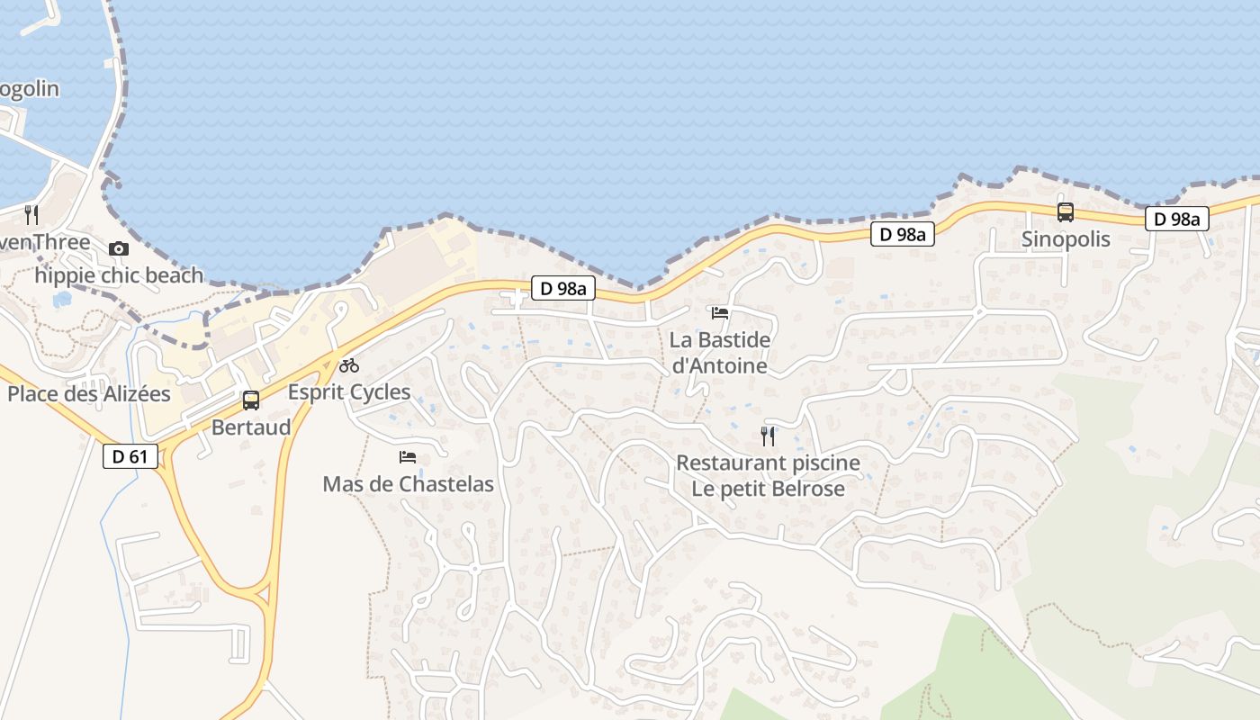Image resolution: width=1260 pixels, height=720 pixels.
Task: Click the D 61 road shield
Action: pos(130,456)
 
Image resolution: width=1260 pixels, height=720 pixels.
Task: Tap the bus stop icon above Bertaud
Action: pos(251,400)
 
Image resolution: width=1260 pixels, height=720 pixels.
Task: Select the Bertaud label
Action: pos(251,427)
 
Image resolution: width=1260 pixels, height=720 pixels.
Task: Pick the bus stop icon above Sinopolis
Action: pos(1066,212)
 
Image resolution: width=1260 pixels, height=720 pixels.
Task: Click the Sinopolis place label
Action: pos(1066,239)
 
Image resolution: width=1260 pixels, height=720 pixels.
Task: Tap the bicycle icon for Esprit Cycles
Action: pos(349,365)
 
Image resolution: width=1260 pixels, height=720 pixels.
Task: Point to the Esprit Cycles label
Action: pos(349,392)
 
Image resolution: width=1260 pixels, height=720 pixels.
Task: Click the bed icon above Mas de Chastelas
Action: pos(408,457)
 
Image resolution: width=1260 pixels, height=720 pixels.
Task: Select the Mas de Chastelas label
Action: pos(408,484)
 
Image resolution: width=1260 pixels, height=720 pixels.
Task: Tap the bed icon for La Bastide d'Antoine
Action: pos(720,313)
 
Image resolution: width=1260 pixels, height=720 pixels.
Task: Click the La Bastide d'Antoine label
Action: pos(720,353)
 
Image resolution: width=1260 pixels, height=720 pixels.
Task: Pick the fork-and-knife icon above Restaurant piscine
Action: pos(768,436)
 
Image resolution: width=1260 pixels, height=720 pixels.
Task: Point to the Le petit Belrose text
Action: pos(768,490)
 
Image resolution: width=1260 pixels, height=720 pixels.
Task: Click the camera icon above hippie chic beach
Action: pos(119,248)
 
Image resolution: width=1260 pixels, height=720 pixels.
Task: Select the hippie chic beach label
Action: pos(119,275)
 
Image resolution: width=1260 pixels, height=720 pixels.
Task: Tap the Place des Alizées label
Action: pos(89,393)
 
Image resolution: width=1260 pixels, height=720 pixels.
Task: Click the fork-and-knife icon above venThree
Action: pos(31,214)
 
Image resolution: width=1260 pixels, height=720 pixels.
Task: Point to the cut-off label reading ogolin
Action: pos(29,89)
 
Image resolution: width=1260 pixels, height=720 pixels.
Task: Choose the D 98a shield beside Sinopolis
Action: pos(1176,219)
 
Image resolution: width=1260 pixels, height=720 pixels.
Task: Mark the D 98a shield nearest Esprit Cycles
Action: pos(563,288)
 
